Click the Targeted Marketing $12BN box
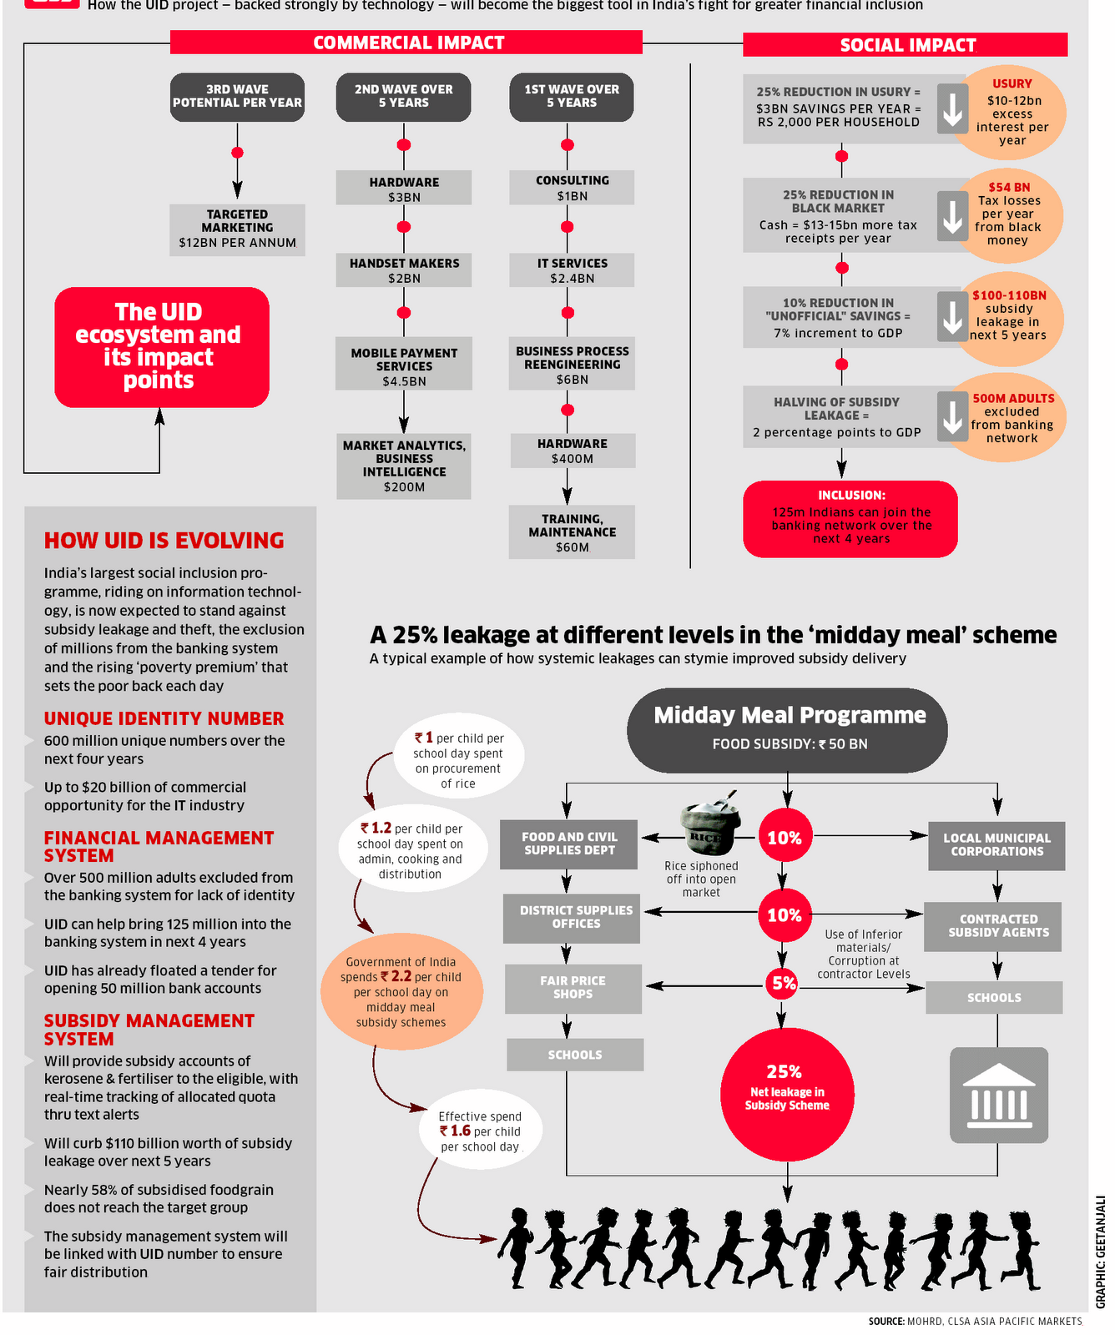pyautogui.click(x=237, y=229)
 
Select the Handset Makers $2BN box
pyautogui.click(x=404, y=270)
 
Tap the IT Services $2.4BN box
pyautogui.click(x=572, y=270)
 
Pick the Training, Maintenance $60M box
pyautogui.click(x=572, y=532)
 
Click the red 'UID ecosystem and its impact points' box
pyautogui.click(x=162, y=347)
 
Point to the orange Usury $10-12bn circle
pyautogui.click(x=1012, y=112)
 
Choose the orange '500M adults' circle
pyautogui.click(x=1012, y=417)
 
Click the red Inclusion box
pyautogui.click(x=850, y=519)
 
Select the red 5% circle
pyautogui.click(x=783, y=984)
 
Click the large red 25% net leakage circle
pyautogui.click(x=786, y=1094)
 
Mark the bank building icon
pyautogui.click(x=998, y=1094)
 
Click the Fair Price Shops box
pyautogui.click(x=573, y=988)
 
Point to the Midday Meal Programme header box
pyautogui.click(x=788, y=729)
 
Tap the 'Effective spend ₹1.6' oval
pyautogui.click(x=481, y=1131)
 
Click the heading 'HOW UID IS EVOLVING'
pyautogui.click(x=164, y=541)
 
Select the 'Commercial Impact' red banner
pyautogui.click(x=406, y=43)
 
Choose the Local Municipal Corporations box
pyautogui.click(x=996, y=845)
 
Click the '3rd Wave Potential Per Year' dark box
pyautogui.click(x=237, y=97)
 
